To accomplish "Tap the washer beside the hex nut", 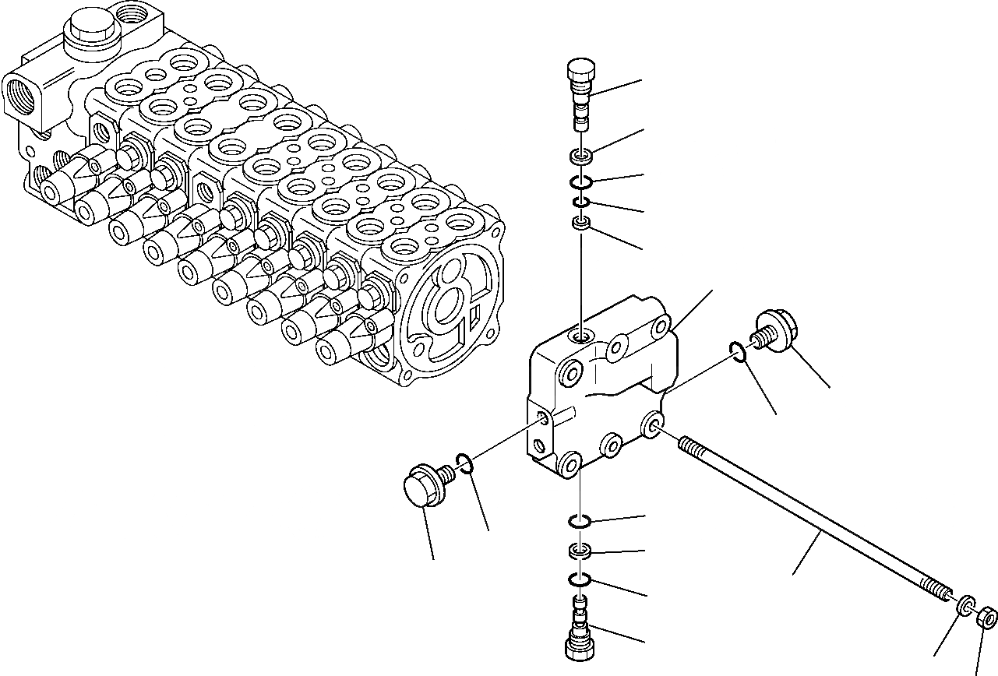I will (x=966, y=604).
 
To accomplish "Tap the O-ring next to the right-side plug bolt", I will (x=740, y=352).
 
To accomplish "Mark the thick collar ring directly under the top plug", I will (x=580, y=157).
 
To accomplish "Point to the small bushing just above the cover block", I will (x=580, y=224).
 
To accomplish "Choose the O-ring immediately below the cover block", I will (x=580, y=520).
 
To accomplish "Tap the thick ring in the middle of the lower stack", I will (x=580, y=551).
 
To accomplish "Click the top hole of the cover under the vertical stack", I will (x=581, y=336).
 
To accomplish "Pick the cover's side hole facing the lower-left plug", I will (x=543, y=418).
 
